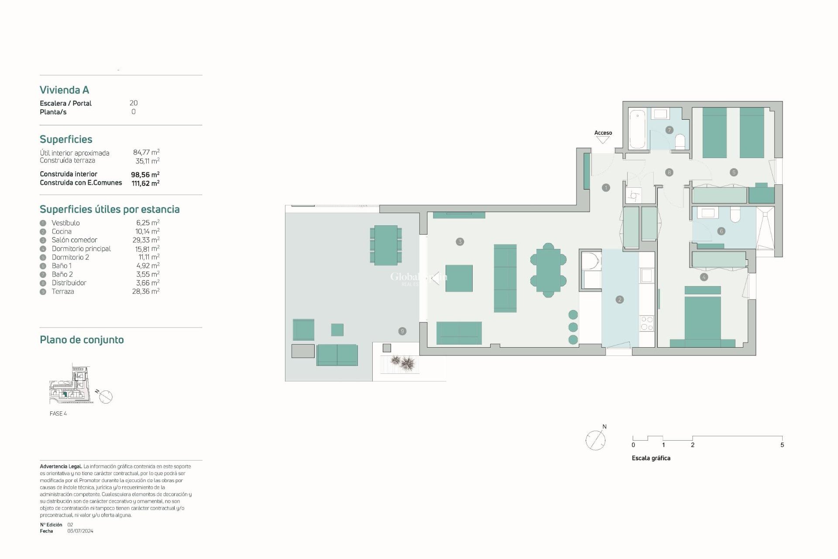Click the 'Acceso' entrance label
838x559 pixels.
(x=603, y=133)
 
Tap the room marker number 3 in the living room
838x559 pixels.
(x=460, y=242)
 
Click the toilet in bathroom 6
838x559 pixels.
(x=735, y=215)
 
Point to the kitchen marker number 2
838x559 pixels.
(x=620, y=300)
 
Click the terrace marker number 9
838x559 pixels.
(x=402, y=331)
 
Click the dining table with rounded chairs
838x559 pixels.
(x=548, y=270)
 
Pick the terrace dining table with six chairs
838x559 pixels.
(x=386, y=245)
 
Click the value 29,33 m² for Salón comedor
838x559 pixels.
(x=146, y=240)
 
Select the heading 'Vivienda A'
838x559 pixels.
(x=65, y=90)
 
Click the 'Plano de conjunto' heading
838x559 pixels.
(x=82, y=340)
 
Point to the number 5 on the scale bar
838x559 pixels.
(x=782, y=445)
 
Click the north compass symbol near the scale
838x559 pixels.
(x=596, y=439)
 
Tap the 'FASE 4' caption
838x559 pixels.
(x=58, y=414)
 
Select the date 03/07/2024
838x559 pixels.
(x=80, y=531)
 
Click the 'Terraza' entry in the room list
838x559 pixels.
(x=63, y=291)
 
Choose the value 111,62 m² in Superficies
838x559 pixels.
(x=145, y=183)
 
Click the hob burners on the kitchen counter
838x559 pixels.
(x=646, y=324)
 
